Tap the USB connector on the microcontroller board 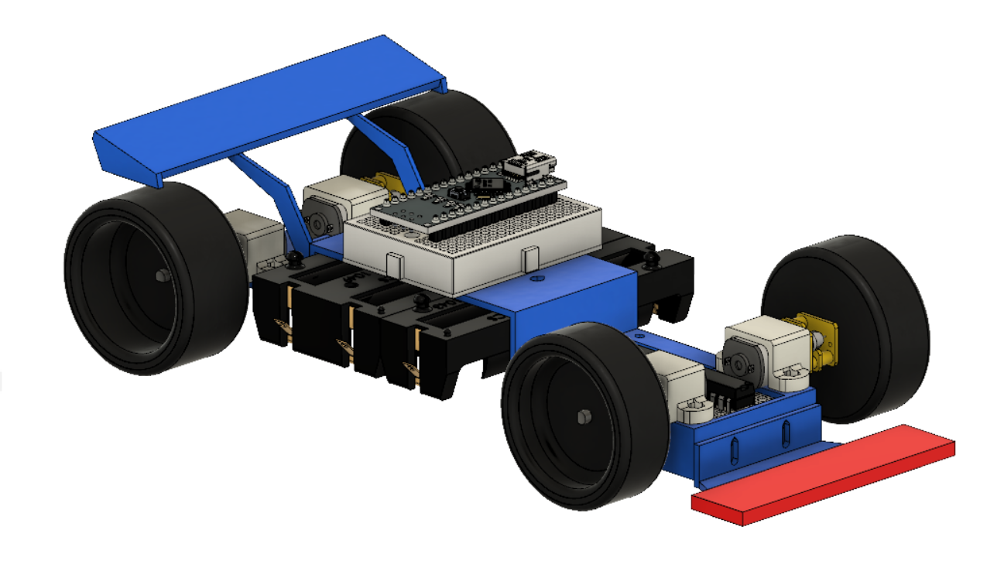tap(530, 165)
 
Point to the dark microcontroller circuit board tap(464, 197)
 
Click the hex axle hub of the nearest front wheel tap(582, 417)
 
